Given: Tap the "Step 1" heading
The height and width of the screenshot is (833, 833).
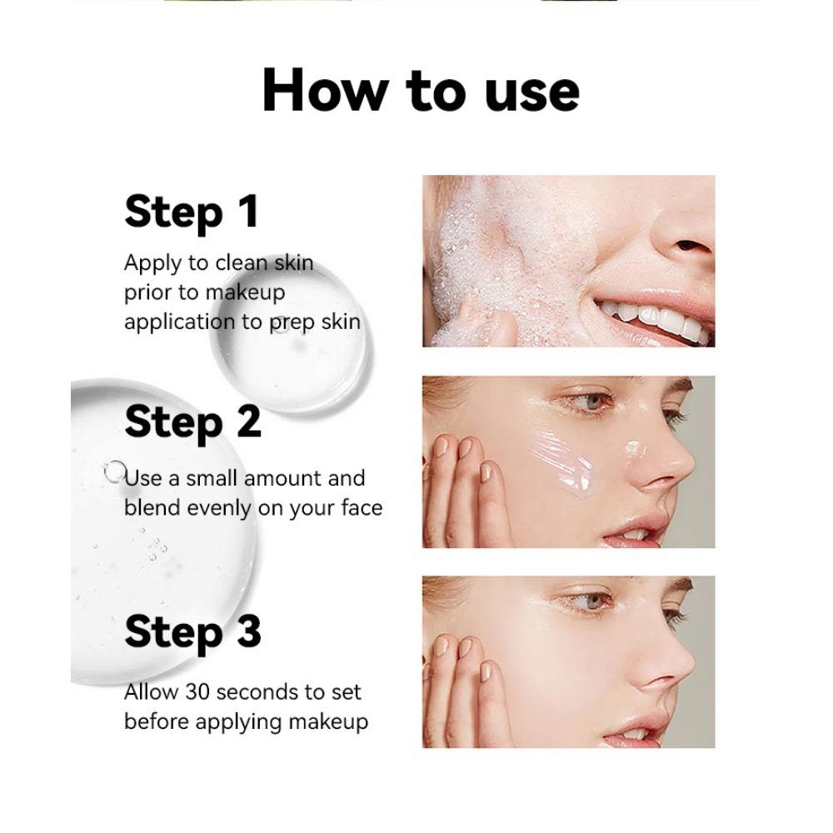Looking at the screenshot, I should click(192, 212).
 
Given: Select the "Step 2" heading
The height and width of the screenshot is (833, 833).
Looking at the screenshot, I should click(192, 422).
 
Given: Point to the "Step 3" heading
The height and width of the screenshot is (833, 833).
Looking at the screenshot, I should click(192, 632).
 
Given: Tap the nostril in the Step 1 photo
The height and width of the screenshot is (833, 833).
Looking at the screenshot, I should click(689, 247).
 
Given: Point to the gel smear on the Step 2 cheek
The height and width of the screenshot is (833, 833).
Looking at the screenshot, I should click(566, 462).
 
